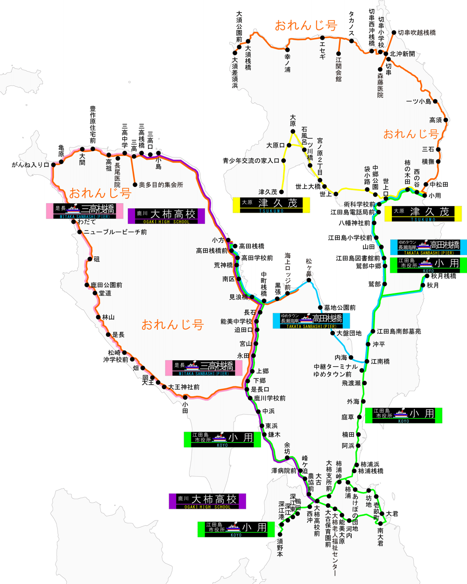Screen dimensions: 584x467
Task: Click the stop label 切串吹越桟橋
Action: (x=417, y=33)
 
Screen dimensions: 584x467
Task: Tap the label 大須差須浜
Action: (x=235, y=72)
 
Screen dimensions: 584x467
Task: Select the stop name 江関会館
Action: (x=339, y=69)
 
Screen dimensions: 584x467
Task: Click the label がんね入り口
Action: (x=30, y=164)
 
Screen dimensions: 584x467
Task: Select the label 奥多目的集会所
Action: (x=161, y=185)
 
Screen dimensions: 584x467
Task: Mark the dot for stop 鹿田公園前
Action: (x=87, y=285)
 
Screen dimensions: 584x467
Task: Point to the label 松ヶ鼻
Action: (x=309, y=267)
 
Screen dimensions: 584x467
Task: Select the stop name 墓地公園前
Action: (x=340, y=307)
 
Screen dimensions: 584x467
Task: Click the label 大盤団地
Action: (x=349, y=333)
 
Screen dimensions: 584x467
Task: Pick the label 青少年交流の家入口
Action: (x=251, y=161)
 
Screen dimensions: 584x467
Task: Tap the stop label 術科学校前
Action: (x=360, y=204)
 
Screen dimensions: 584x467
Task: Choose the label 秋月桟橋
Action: (x=443, y=276)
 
